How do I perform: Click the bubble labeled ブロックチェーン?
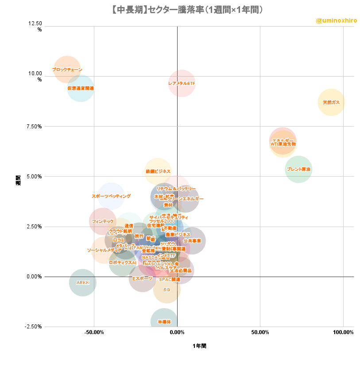(x=67, y=69)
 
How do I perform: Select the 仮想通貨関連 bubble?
(x=81, y=88)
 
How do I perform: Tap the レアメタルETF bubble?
(x=182, y=83)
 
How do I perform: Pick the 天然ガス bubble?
(x=331, y=102)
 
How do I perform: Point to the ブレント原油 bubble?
(x=298, y=169)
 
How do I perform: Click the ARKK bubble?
(x=83, y=282)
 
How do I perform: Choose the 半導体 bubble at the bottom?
(x=164, y=322)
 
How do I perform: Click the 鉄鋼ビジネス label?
(x=158, y=171)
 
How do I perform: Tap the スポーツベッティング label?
(x=111, y=196)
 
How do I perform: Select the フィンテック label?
(x=103, y=221)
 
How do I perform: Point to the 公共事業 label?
(x=192, y=241)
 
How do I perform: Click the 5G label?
(x=166, y=289)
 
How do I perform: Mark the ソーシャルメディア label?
(x=104, y=250)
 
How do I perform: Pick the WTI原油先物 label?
(x=283, y=144)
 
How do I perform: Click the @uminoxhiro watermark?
(x=336, y=20)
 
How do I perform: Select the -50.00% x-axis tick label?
(x=94, y=332)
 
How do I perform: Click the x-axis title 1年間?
(x=199, y=346)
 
